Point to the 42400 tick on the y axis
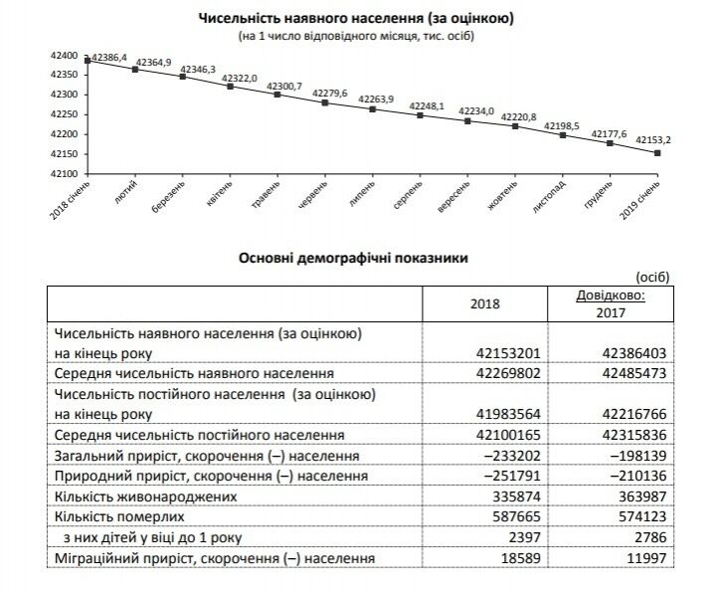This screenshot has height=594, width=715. [x=62, y=55]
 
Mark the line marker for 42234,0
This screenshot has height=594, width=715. [x=467, y=121]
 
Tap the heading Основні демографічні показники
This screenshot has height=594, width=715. [x=355, y=257]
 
